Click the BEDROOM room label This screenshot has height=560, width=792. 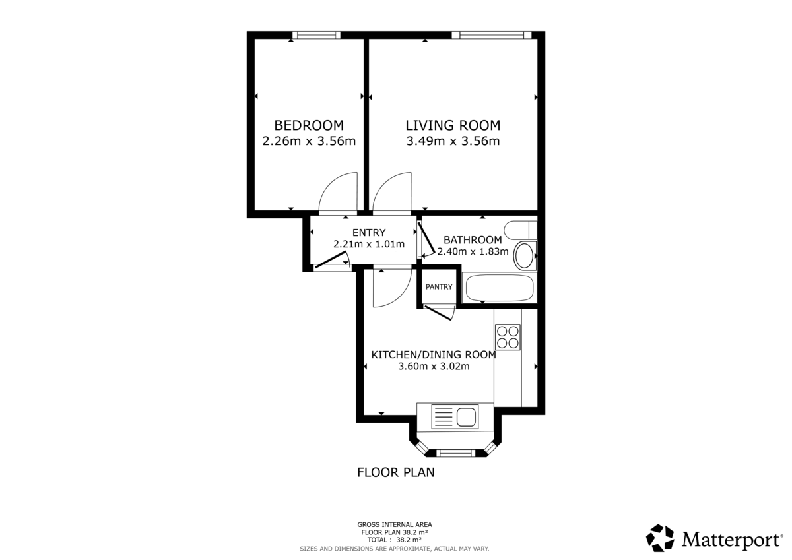(x=309, y=125)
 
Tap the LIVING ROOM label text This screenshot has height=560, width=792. (x=452, y=125)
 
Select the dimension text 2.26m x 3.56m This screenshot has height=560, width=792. (x=309, y=141)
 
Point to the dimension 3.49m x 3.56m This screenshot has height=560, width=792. (x=452, y=141)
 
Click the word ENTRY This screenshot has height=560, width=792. (x=368, y=232)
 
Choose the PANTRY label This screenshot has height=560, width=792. (x=439, y=287)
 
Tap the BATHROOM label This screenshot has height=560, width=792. (x=472, y=240)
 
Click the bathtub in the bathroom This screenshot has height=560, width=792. (x=499, y=288)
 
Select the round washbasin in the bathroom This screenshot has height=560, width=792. (x=524, y=256)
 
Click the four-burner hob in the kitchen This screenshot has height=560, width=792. (x=508, y=337)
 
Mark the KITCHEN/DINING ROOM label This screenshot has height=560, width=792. (x=434, y=355)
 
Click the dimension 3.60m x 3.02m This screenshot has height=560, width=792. (x=434, y=367)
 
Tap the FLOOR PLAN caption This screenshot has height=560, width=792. (x=395, y=472)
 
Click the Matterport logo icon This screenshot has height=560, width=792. (x=659, y=538)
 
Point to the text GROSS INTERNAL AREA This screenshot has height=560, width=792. (x=395, y=525)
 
